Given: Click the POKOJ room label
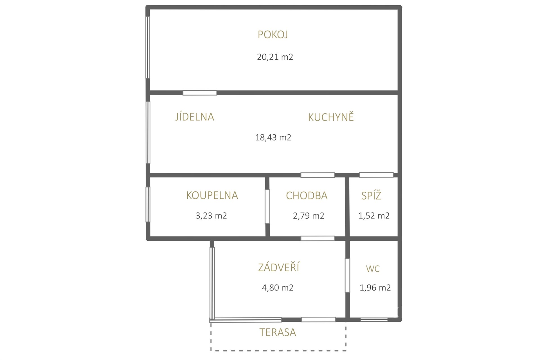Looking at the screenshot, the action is pos(273,35).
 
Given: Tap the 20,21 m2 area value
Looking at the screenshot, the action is pos(275,57).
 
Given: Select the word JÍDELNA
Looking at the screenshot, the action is pos(195,117).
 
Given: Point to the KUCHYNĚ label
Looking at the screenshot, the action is pos(331,117).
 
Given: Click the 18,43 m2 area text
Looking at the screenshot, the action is pos(273,137).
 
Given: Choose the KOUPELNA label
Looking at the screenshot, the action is pos(212,195).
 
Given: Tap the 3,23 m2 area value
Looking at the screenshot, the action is pos(211,216).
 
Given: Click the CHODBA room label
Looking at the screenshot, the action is pos(307,196).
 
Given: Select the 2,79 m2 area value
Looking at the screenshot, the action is pos(309,216).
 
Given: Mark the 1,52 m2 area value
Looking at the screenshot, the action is pos(374,216).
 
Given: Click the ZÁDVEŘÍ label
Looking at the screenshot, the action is pos(279,267).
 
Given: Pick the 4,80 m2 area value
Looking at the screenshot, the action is pos(278,288).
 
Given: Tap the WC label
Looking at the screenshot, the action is pos(373,269).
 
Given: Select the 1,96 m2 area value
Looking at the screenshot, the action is pos(375,288).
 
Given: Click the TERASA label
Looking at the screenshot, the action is pos(278,332).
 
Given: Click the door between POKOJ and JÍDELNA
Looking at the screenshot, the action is pos(200,93).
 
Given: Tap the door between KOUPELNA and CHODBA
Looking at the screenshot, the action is pos(267,207).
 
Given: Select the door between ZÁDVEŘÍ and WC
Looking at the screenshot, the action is pos(347,275).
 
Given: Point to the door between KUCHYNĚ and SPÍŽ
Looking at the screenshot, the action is pos(376,175).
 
